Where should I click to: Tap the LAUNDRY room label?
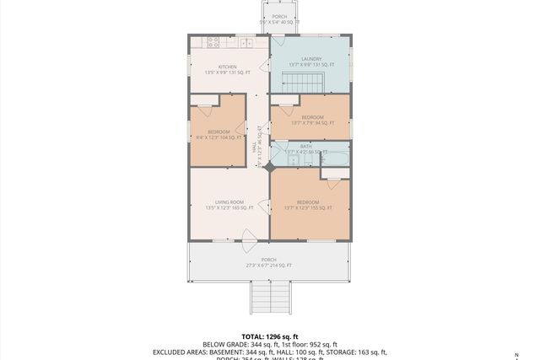(x=311, y=58)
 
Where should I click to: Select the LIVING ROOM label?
(x=229, y=202)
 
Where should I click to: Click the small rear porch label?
(x=279, y=17)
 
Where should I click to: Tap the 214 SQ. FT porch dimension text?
(x=268, y=266)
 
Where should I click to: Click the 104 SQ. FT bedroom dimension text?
(x=219, y=137)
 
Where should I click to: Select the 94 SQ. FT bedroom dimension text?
(x=311, y=123)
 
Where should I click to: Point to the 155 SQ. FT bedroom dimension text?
(x=308, y=208)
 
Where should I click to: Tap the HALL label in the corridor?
(x=255, y=147)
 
